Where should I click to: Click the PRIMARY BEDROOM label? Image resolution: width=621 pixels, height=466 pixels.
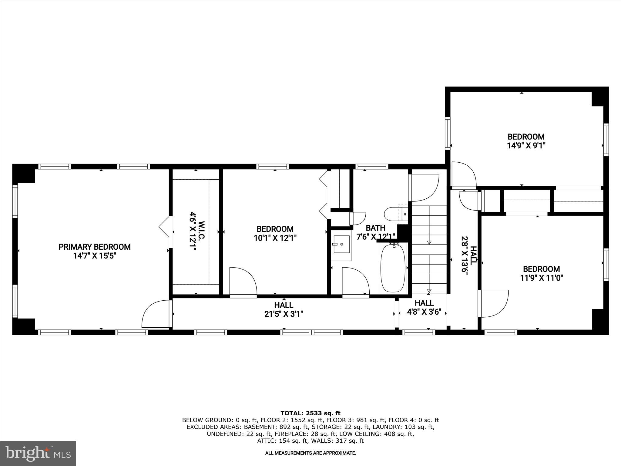(94, 247)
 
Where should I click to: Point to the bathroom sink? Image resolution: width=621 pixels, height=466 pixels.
(341, 244)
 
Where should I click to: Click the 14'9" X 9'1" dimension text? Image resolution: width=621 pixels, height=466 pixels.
(526, 146)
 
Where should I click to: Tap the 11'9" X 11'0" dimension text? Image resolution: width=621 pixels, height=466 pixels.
(541, 278)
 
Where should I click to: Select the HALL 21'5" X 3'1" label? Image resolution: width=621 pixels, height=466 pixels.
(284, 309)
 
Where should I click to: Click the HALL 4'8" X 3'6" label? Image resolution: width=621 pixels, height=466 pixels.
(424, 307)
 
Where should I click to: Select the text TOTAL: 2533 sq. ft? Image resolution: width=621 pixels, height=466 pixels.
(310, 413)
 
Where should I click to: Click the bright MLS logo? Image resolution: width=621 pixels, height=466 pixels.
(38, 453)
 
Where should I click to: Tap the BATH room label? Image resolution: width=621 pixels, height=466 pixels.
(375, 228)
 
